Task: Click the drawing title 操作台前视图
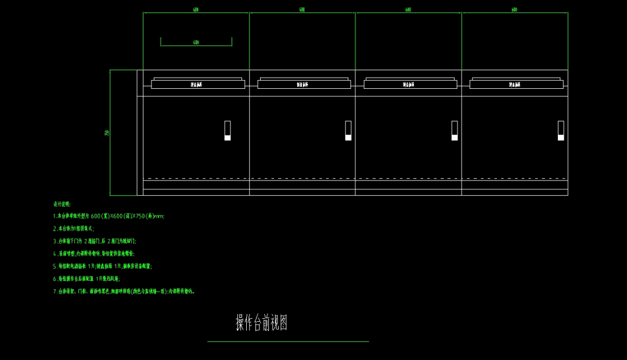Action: tap(262, 323)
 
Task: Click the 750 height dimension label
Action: tap(107, 133)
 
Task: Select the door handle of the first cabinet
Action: tap(228, 131)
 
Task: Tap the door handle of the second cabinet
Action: tap(348, 131)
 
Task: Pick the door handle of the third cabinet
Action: tap(455, 131)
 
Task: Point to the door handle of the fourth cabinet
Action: tap(561, 131)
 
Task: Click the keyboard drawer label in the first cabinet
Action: tap(197, 85)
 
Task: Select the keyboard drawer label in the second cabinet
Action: tap(303, 85)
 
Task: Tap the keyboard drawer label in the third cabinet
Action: tap(409, 85)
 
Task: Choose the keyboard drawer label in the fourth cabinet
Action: tap(515, 85)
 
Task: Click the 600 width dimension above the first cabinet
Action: tap(196, 9)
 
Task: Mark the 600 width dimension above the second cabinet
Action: tap(302, 9)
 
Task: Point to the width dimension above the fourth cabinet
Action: tap(514, 9)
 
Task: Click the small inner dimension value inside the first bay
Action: tap(196, 42)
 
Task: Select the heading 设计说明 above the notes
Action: tap(62, 204)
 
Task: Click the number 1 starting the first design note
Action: tap(54, 216)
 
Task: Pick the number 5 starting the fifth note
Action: tap(54, 266)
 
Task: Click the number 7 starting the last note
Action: tap(54, 291)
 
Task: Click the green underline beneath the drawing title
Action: tap(288, 341)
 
